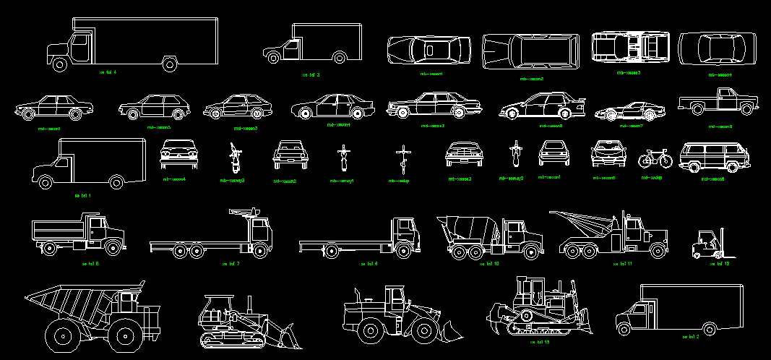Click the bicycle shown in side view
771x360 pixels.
(x=655, y=158)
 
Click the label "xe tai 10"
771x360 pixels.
(x=489, y=265)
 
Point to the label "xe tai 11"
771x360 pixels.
(x=623, y=265)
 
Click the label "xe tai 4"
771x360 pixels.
(x=108, y=72)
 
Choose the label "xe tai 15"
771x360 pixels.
(x=540, y=342)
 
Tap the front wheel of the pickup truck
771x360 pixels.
(x=746, y=109)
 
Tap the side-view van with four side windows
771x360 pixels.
(x=713, y=157)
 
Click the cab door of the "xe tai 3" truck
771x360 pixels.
(x=293, y=51)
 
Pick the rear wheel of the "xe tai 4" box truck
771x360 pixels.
(x=170, y=64)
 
